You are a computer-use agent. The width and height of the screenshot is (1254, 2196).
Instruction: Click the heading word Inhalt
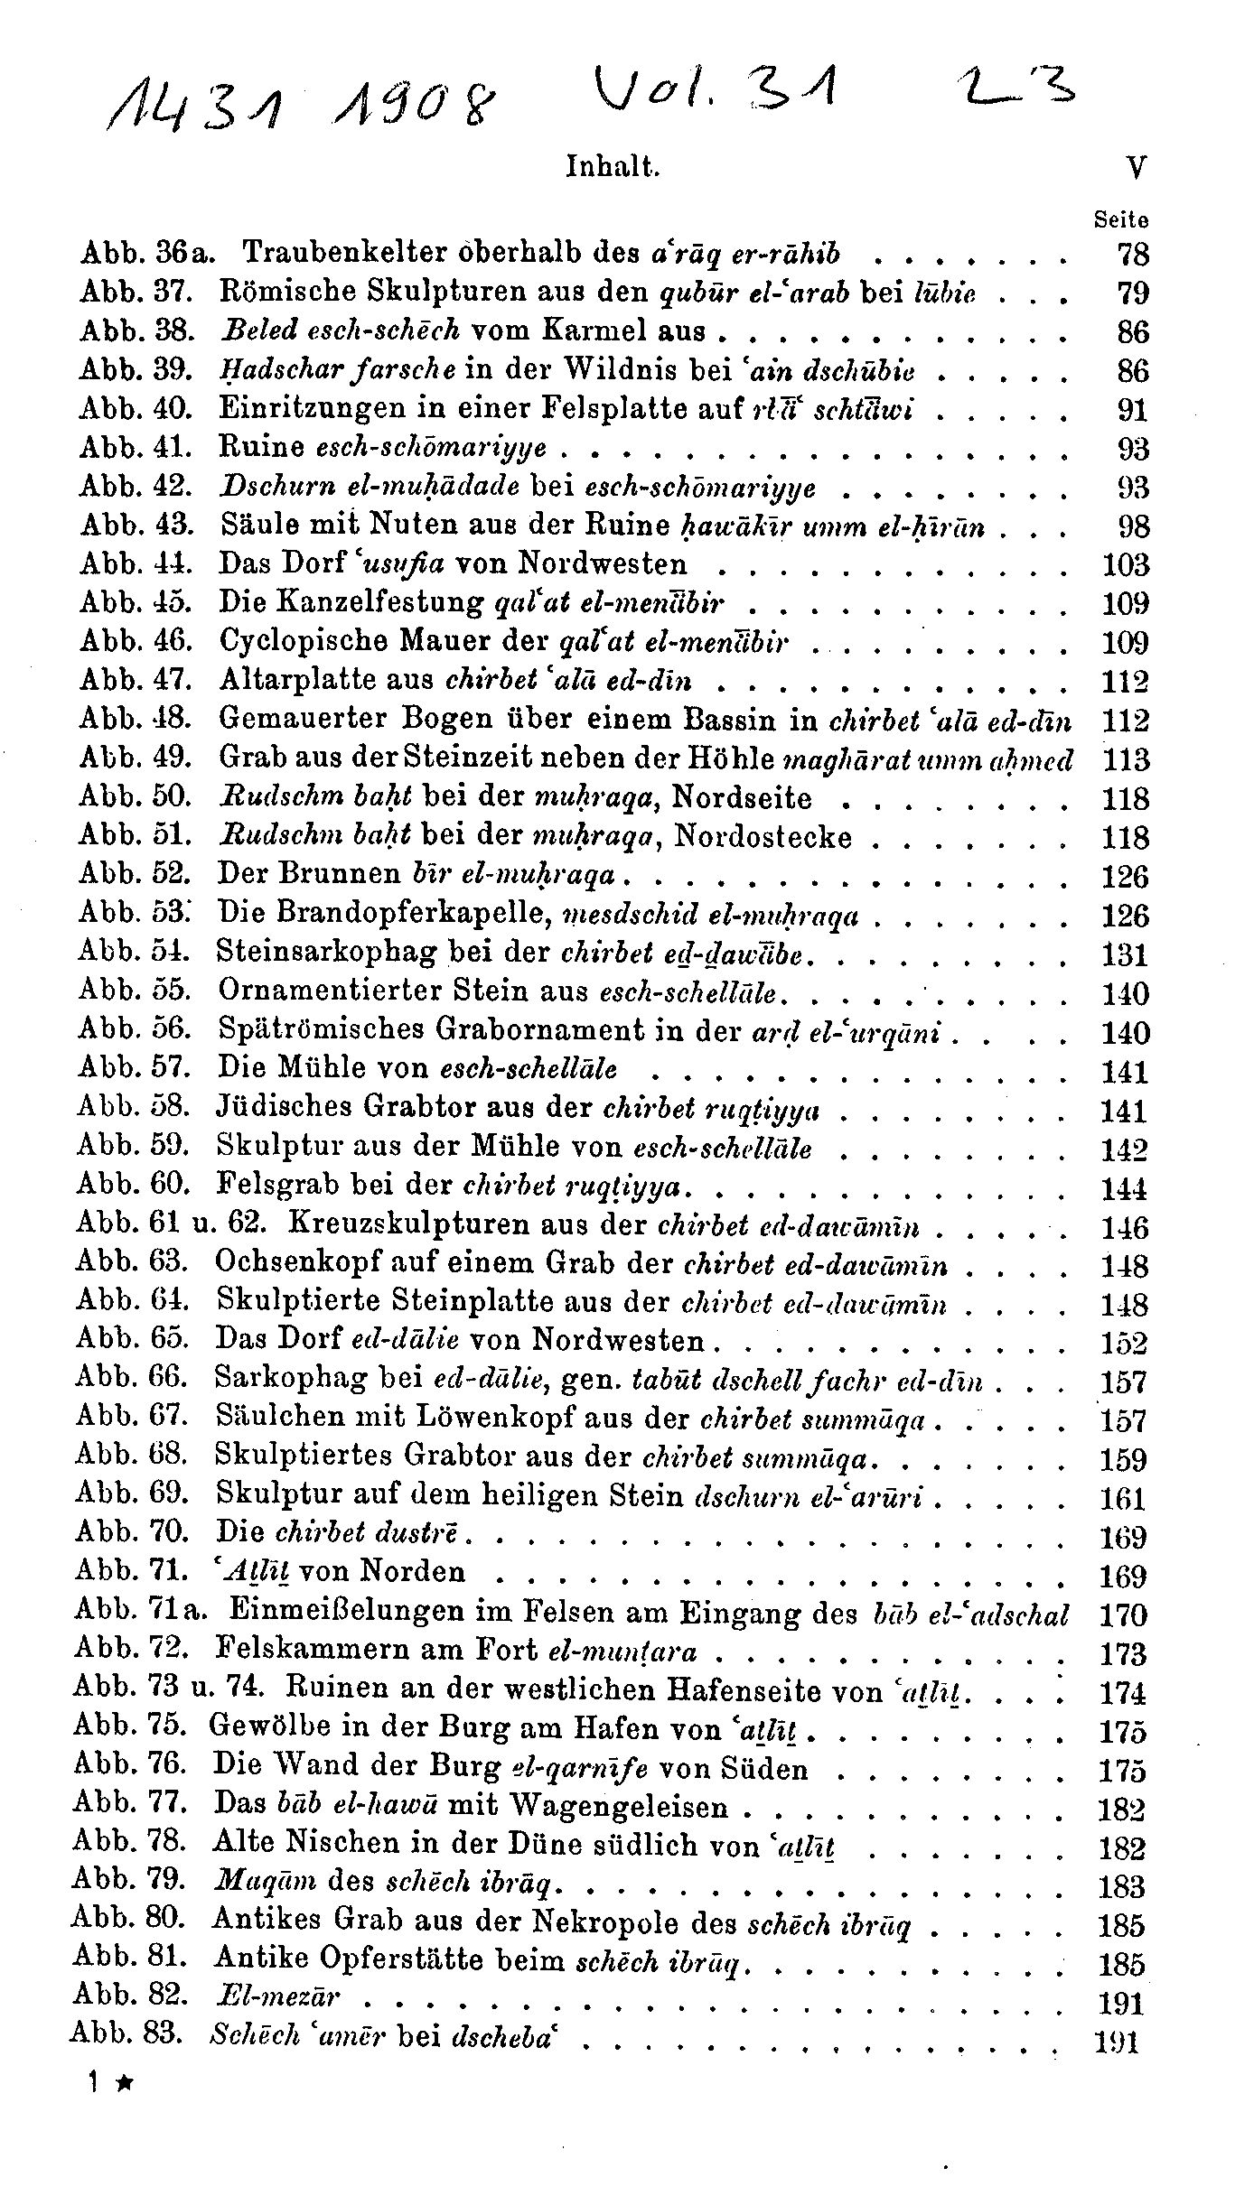pos(613,167)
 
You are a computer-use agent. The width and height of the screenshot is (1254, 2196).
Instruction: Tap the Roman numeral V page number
pos(1137,169)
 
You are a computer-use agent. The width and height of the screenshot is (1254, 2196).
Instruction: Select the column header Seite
pos(1120,219)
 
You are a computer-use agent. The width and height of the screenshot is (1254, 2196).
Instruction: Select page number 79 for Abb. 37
pos(1132,293)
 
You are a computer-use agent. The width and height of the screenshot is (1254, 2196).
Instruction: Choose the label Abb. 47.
pos(136,680)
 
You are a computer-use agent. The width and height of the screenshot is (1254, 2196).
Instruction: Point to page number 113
pos(1125,759)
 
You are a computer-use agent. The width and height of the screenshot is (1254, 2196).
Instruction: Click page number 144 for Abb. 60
pos(1124,1188)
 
